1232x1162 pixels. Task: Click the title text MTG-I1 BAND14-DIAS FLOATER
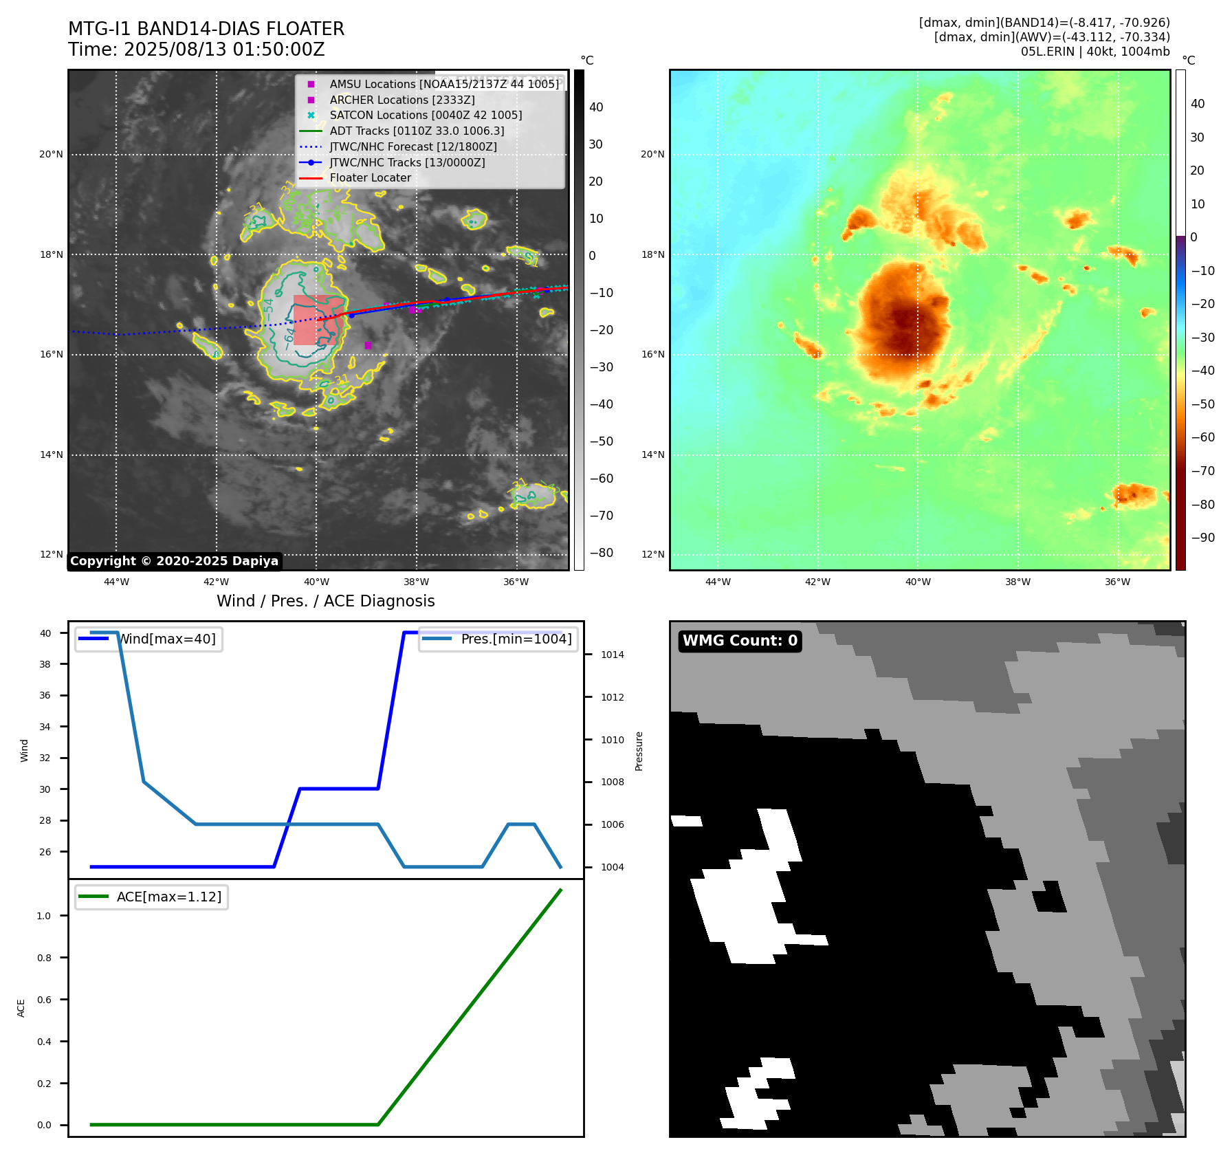206,29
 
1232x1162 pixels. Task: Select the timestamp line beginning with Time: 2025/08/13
196,50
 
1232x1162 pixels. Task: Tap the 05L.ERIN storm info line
1094,52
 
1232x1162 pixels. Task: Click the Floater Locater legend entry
370,178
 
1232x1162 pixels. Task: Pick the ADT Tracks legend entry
417,131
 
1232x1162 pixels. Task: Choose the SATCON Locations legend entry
426,116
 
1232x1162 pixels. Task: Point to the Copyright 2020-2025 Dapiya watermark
174,561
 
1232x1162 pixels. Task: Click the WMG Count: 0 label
740,641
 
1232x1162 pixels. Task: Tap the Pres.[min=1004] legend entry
516,639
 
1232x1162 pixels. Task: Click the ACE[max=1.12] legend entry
168,897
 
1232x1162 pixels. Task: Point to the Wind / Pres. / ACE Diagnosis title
325,601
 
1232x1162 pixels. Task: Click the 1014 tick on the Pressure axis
612,655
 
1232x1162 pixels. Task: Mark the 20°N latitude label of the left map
51,155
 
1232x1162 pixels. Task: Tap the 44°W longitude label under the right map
718,582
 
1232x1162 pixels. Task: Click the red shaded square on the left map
315,320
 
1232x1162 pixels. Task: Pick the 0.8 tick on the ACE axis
44,958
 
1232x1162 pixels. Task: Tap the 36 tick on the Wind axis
45,695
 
